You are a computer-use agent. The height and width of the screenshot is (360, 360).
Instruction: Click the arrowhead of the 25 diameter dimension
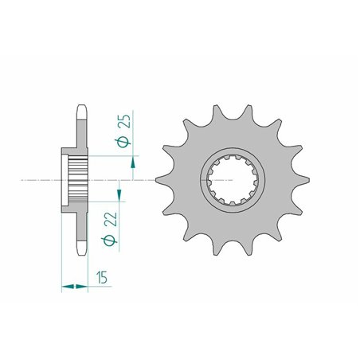click(133, 161)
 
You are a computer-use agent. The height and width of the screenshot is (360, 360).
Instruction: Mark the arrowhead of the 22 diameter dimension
click(119, 195)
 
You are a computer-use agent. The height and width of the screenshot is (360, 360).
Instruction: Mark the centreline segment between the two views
click(147, 179)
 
